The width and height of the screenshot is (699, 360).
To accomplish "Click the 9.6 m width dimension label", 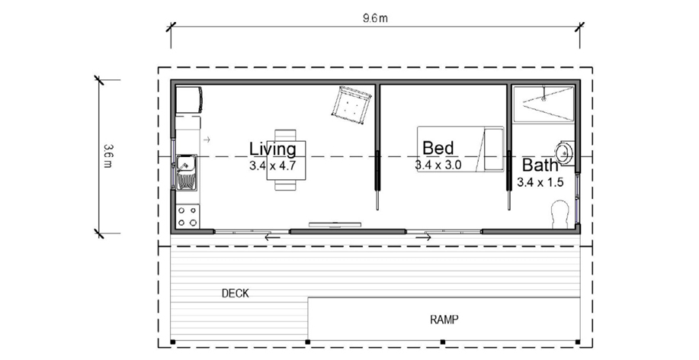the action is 375,18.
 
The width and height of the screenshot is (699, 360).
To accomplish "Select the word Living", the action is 272,149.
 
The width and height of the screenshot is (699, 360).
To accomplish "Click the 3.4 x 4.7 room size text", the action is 272,166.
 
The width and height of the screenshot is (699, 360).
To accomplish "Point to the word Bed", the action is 438,148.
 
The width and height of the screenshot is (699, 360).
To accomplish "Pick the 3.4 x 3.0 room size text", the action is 438,165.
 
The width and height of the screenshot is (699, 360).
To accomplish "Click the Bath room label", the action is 540,166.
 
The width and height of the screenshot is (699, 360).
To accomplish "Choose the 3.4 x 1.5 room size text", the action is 540,182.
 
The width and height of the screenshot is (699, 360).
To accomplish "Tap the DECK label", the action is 236,294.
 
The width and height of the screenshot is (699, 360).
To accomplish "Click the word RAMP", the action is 444,320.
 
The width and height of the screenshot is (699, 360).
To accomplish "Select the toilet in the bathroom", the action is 560,214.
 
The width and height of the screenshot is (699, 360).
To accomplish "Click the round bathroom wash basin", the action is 564,153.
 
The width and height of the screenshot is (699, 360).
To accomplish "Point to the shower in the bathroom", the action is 543,104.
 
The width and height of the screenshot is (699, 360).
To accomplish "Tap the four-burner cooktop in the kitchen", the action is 188,217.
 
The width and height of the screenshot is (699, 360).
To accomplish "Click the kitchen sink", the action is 186,172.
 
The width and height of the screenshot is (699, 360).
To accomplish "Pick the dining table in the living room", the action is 286,160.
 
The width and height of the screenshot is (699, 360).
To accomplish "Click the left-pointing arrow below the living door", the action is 272,237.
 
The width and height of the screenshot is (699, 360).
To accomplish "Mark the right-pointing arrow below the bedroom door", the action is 423,237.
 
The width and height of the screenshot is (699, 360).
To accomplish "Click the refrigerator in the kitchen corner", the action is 189,100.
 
